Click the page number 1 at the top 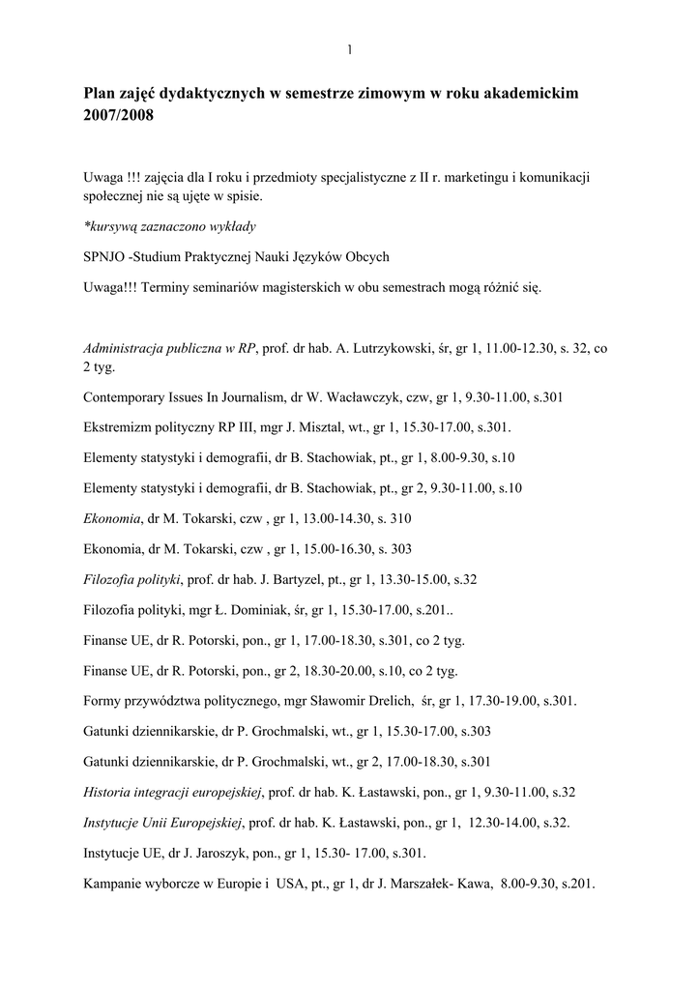(349, 49)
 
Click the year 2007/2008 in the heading (118, 115)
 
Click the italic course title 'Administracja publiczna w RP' (169, 348)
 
